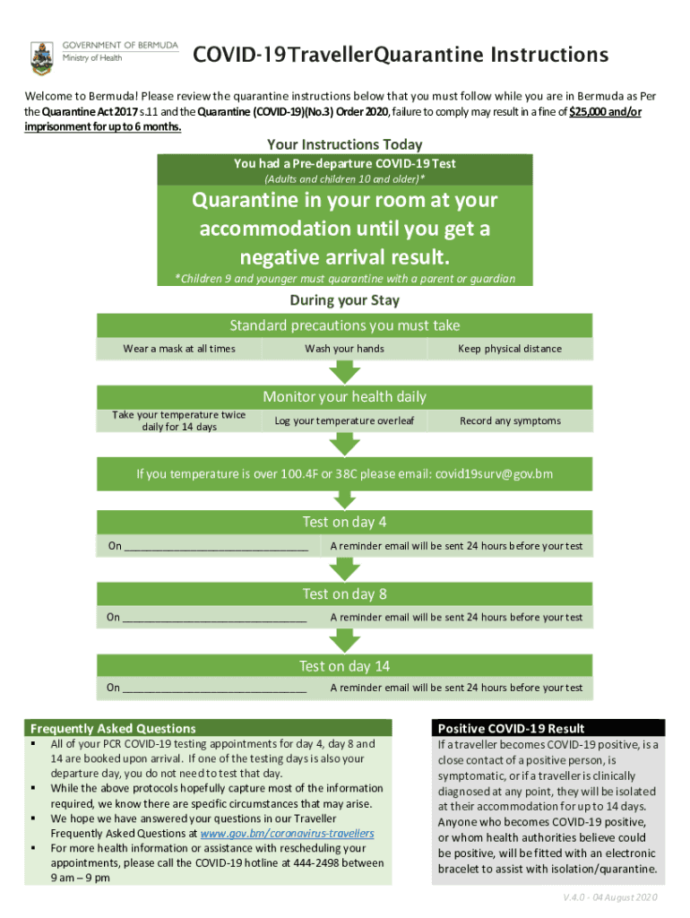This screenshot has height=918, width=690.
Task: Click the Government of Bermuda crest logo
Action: coord(41,57)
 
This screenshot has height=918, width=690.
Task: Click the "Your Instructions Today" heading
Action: coord(344,144)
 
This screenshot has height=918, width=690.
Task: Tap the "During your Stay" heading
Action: coord(344,300)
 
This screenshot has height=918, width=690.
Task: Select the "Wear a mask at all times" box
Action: coord(179,349)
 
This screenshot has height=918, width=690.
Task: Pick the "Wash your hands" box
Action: coord(344,349)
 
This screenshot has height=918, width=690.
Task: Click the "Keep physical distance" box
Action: coord(510,349)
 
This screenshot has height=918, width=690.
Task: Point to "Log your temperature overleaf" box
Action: coord(344,420)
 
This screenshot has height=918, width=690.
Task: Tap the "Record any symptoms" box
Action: coord(510,420)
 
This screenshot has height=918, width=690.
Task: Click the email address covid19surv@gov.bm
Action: coord(494,473)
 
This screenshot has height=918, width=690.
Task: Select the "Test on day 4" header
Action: coord(344,522)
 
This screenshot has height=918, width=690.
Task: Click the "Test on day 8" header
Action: coord(344,593)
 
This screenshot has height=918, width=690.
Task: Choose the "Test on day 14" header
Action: coord(344,666)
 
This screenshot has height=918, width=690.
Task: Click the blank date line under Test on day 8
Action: coord(214,618)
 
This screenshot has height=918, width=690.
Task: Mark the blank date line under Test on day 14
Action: coord(214,688)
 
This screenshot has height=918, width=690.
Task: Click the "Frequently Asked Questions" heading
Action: coord(113,728)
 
